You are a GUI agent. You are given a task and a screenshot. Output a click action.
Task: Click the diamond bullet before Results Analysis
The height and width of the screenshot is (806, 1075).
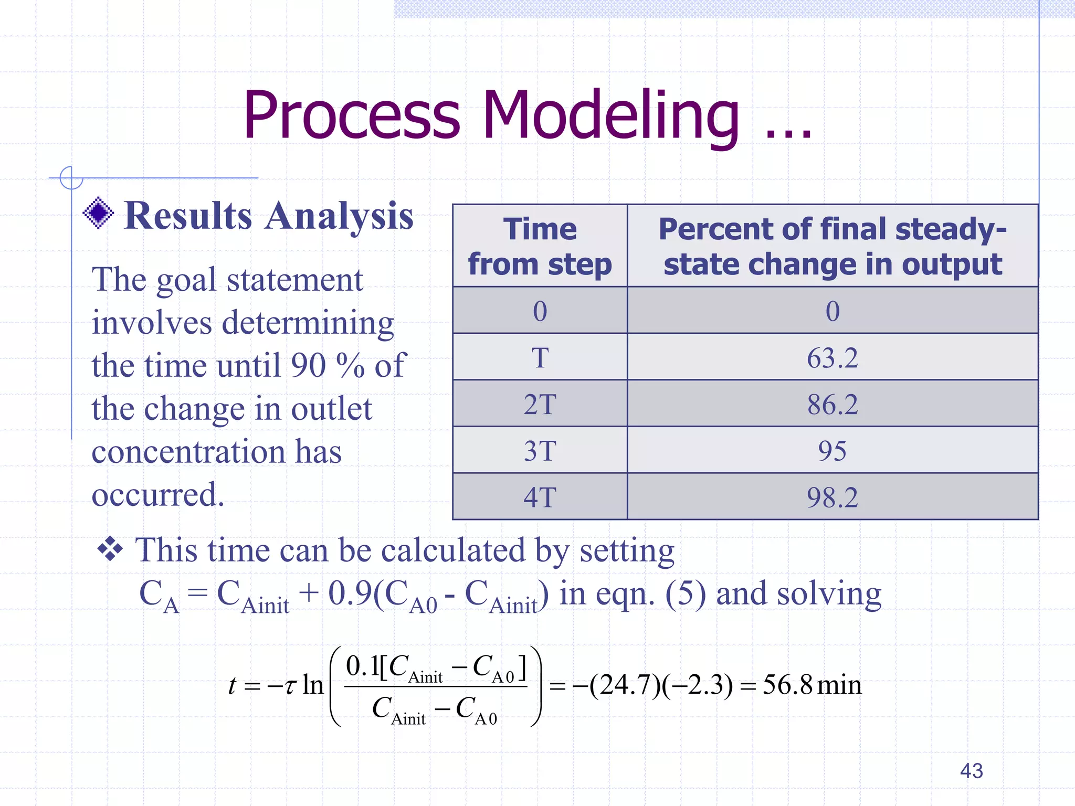point(98,213)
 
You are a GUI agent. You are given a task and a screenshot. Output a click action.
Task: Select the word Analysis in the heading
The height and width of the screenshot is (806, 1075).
point(339,216)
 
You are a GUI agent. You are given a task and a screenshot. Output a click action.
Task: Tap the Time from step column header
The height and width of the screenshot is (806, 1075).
point(540,246)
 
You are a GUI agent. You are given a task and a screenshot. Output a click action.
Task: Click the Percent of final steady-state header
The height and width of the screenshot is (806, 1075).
point(832,246)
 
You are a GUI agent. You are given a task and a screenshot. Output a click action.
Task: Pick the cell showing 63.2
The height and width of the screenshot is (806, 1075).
point(832,358)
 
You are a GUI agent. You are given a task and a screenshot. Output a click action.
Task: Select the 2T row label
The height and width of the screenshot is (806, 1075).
point(540,405)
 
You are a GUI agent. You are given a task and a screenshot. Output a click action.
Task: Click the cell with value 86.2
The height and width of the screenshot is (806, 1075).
point(832,405)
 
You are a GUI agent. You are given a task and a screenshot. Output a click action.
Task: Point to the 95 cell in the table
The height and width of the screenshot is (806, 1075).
point(832,451)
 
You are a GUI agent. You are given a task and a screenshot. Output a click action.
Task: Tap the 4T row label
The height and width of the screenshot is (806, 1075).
point(540,497)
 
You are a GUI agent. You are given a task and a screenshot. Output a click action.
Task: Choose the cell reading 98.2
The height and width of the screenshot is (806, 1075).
point(832,497)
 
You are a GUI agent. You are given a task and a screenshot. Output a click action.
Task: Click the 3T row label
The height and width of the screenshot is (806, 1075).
point(540,451)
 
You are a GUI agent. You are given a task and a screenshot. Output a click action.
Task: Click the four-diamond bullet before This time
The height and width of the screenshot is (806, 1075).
point(110,550)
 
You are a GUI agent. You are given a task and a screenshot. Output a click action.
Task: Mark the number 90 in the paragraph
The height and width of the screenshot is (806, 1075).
point(308,365)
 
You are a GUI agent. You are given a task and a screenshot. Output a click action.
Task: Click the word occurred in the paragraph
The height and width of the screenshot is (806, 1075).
point(157,494)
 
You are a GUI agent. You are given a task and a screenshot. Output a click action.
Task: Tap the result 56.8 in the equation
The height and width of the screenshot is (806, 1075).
point(787,685)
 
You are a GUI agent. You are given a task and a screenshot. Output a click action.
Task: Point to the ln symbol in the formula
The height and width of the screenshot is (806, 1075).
point(313,685)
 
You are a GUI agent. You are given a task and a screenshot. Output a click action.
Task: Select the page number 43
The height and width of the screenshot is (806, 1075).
point(971,771)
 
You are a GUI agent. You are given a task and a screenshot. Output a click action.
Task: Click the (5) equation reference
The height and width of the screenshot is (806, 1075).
point(686,595)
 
